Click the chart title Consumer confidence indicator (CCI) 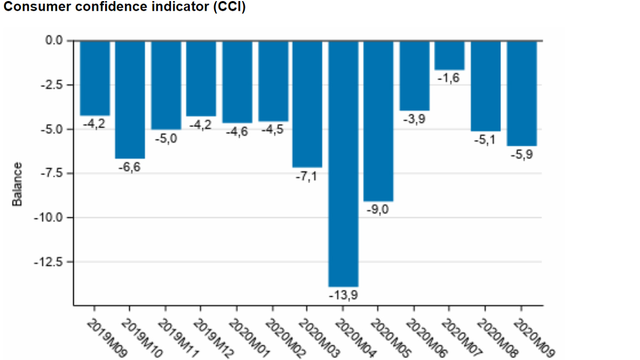pyautogui.click(x=124, y=8)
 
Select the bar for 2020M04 pyautogui.click(x=343, y=163)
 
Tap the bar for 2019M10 pyautogui.click(x=130, y=99)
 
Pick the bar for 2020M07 pyautogui.click(x=449, y=55)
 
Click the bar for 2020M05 pyautogui.click(x=378, y=121)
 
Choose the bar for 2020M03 pyautogui.click(x=307, y=104)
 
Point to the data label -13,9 pyautogui.click(x=343, y=295)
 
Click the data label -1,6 pyautogui.click(x=448, y=78)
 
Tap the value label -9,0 pyautogui.click(x=378, y=210)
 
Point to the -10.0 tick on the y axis pyautogui.click(x=48, y=218)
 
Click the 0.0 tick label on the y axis pyautogui.click(x=53, y=41)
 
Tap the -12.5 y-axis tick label pyautogui.click(x=48, y=262)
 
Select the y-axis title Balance pyautogui.click(x=17, y=184)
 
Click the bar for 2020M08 pyautogui.click(x=485, y=85)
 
